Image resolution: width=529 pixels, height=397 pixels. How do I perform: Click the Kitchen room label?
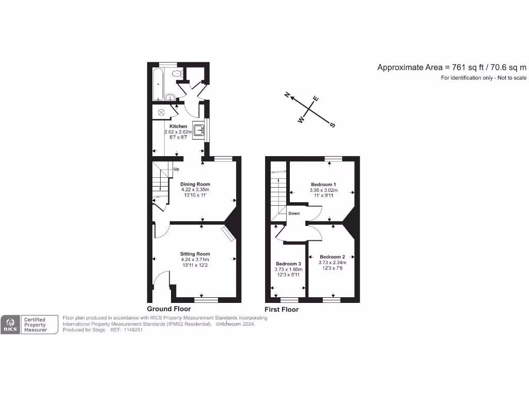[x=178, y=126]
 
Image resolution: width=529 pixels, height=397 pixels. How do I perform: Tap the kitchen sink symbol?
[x=199, y=130]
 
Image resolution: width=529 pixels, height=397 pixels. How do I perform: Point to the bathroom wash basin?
[x=170, y=97]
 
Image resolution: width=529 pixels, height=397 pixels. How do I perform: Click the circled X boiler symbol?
[x=161, y=112]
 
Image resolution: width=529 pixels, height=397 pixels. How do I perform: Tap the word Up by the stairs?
[x=176, y=169]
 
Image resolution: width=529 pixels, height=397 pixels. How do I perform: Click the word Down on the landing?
[x=294, y=213]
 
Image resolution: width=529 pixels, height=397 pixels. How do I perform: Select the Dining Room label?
[x=195, y=184]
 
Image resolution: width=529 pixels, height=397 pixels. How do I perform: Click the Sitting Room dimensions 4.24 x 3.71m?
[x=195, y=259]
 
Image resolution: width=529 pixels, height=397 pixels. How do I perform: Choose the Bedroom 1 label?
[x=323, y=185]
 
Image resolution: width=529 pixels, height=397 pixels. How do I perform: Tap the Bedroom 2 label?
[x=332, y=257]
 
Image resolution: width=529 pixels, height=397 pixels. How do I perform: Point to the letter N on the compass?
[x=288, y=95]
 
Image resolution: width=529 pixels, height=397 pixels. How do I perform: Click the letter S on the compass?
[x=333, y=125]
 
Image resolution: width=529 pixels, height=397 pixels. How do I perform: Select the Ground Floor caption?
[x=169, y=309]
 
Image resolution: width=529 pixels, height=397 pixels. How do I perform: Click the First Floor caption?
[x=282, y=310]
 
